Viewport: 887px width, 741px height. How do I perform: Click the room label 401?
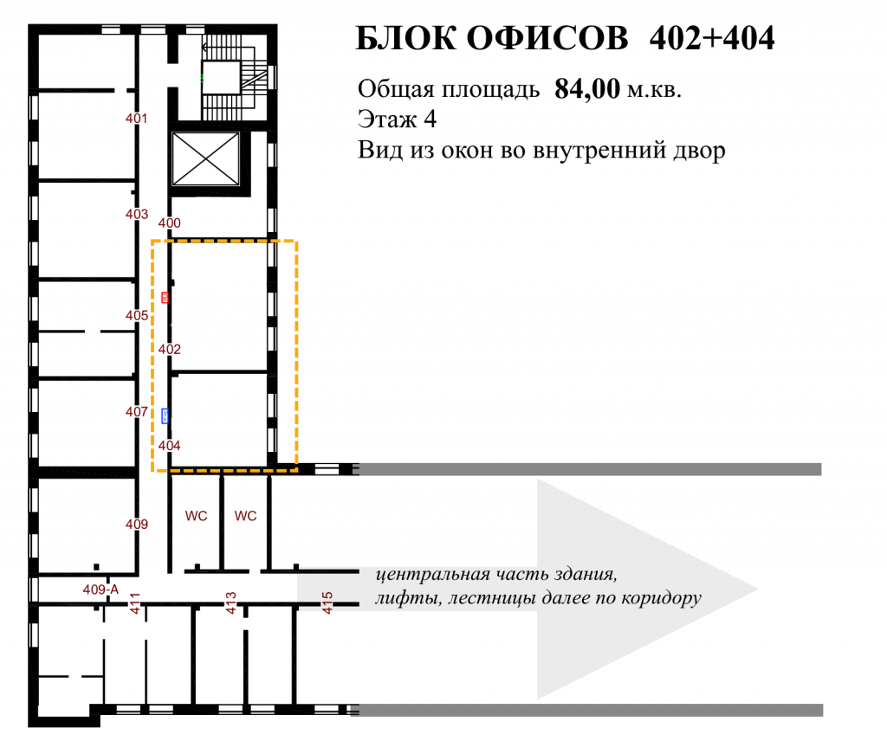point(136,118)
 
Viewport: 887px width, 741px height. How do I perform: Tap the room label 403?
point(136,214)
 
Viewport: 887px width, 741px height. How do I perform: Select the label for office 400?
point(169,222)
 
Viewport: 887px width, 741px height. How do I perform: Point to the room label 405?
point(136,315)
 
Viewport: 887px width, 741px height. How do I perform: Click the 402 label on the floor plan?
point(169,350)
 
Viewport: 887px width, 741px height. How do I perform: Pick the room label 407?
point(136,411)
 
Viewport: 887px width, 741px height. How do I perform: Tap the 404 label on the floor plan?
point(169,446)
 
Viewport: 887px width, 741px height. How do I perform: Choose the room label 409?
point(136,524)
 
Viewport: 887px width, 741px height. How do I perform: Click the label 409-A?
point(100,590)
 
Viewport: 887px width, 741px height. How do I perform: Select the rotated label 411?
point(134,603)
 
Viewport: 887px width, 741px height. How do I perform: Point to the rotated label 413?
point(230,603)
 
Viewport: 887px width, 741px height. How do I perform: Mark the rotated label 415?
point(327,603)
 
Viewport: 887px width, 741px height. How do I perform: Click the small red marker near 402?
point(165,297)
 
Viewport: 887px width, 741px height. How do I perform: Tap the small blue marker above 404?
point(165,416)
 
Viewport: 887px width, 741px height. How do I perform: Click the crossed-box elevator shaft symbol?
point(205,158)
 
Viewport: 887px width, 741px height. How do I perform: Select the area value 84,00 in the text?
point(587,89)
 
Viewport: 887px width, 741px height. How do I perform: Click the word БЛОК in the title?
point(405,38)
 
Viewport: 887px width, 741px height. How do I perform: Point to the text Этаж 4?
point(397,119)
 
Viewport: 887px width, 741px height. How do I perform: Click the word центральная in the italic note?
point(433,574)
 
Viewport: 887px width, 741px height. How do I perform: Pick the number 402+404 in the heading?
point(712,38)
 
